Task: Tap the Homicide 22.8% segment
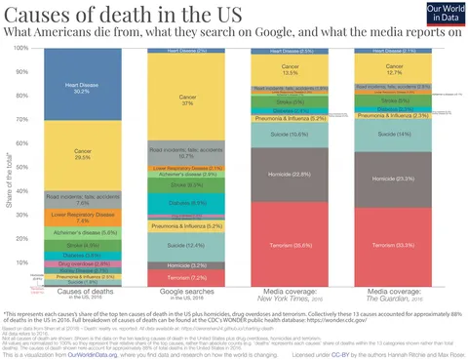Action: (287, 175)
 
